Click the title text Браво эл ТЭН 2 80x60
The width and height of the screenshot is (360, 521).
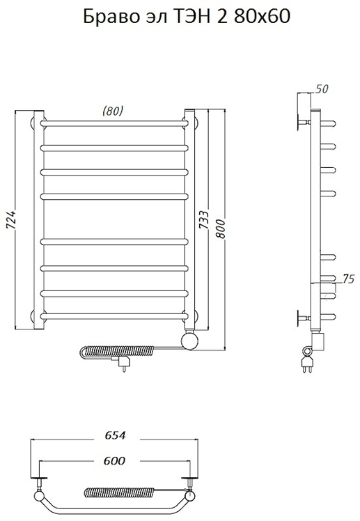pos(187,16)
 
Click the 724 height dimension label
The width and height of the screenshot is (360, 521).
pos(11,219)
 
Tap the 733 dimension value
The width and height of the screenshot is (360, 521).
pos(204,219)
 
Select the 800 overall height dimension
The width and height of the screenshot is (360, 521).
pos(220,228)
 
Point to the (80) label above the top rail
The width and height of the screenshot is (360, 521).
pos(113,111)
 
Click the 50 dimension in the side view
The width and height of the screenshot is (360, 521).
pos(321,88)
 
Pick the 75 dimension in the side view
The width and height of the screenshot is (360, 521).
pos(348,279)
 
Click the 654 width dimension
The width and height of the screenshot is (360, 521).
pos(115,435)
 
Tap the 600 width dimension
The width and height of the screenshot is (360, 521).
pos(115,460)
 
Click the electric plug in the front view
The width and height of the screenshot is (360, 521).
pos(120,362)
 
